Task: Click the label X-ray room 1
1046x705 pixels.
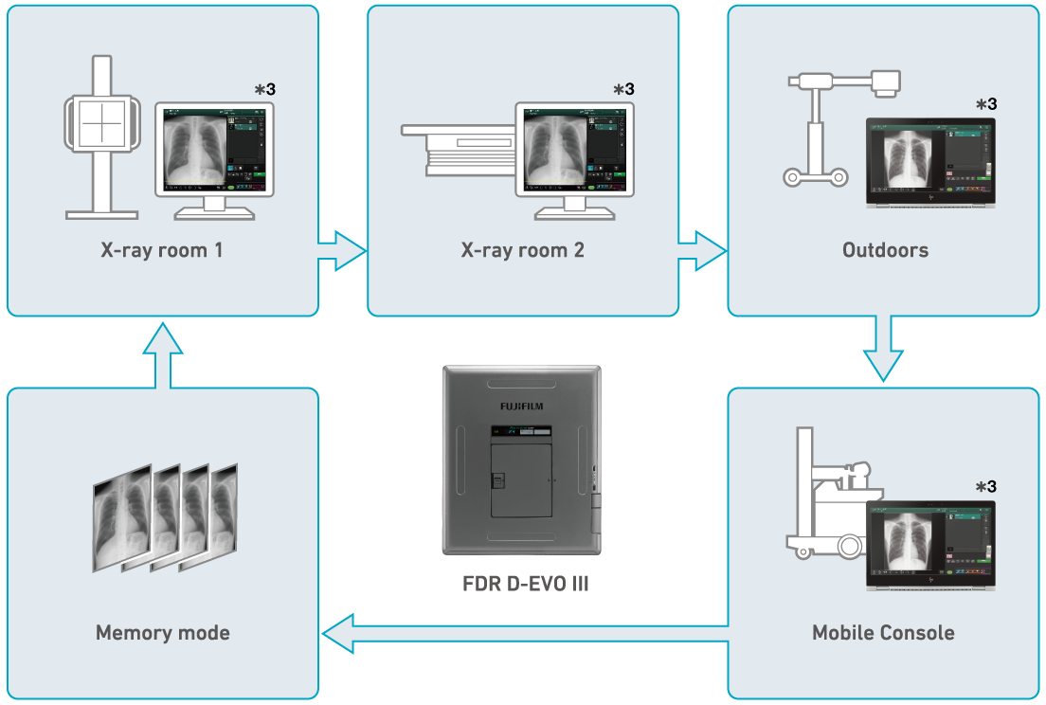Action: (x=163, y=251)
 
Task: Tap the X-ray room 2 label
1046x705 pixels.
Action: (x=522, y=251)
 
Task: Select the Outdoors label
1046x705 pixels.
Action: (x=885, y=251)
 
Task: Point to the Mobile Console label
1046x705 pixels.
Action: (x=883, y=632)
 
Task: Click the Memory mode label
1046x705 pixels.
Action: (x=163, y=632)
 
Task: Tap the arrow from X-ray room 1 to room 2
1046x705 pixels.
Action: (x=342, y=252)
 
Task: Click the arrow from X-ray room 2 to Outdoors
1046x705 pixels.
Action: (x=702, y=252)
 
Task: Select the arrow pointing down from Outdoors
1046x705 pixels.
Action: (x=883, y=351)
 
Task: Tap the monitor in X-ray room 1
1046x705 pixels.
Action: (x=214, y=156)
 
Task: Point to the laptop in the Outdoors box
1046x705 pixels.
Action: (x=929, y=161)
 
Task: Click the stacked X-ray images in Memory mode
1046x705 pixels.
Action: (x=165, y=516)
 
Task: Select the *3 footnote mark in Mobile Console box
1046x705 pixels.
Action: (x=985, y=487)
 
